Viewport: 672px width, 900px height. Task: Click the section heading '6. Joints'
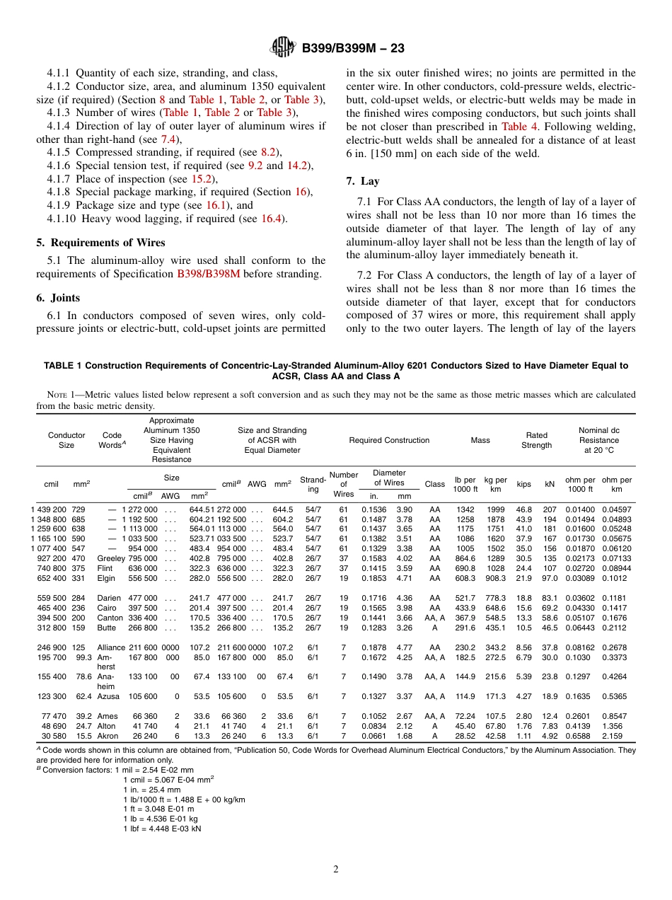tap(58, 298)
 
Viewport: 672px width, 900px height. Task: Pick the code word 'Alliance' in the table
tap(111, 647)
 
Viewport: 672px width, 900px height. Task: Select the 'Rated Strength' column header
tap(536, 440)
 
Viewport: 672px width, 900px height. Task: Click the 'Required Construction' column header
tap(389, 440)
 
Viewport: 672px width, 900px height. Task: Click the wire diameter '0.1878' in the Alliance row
tap(373, 647)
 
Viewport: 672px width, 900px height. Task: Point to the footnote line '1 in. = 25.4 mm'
tap(151, 790)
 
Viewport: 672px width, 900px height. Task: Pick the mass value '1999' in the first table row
tap(496, 509)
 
